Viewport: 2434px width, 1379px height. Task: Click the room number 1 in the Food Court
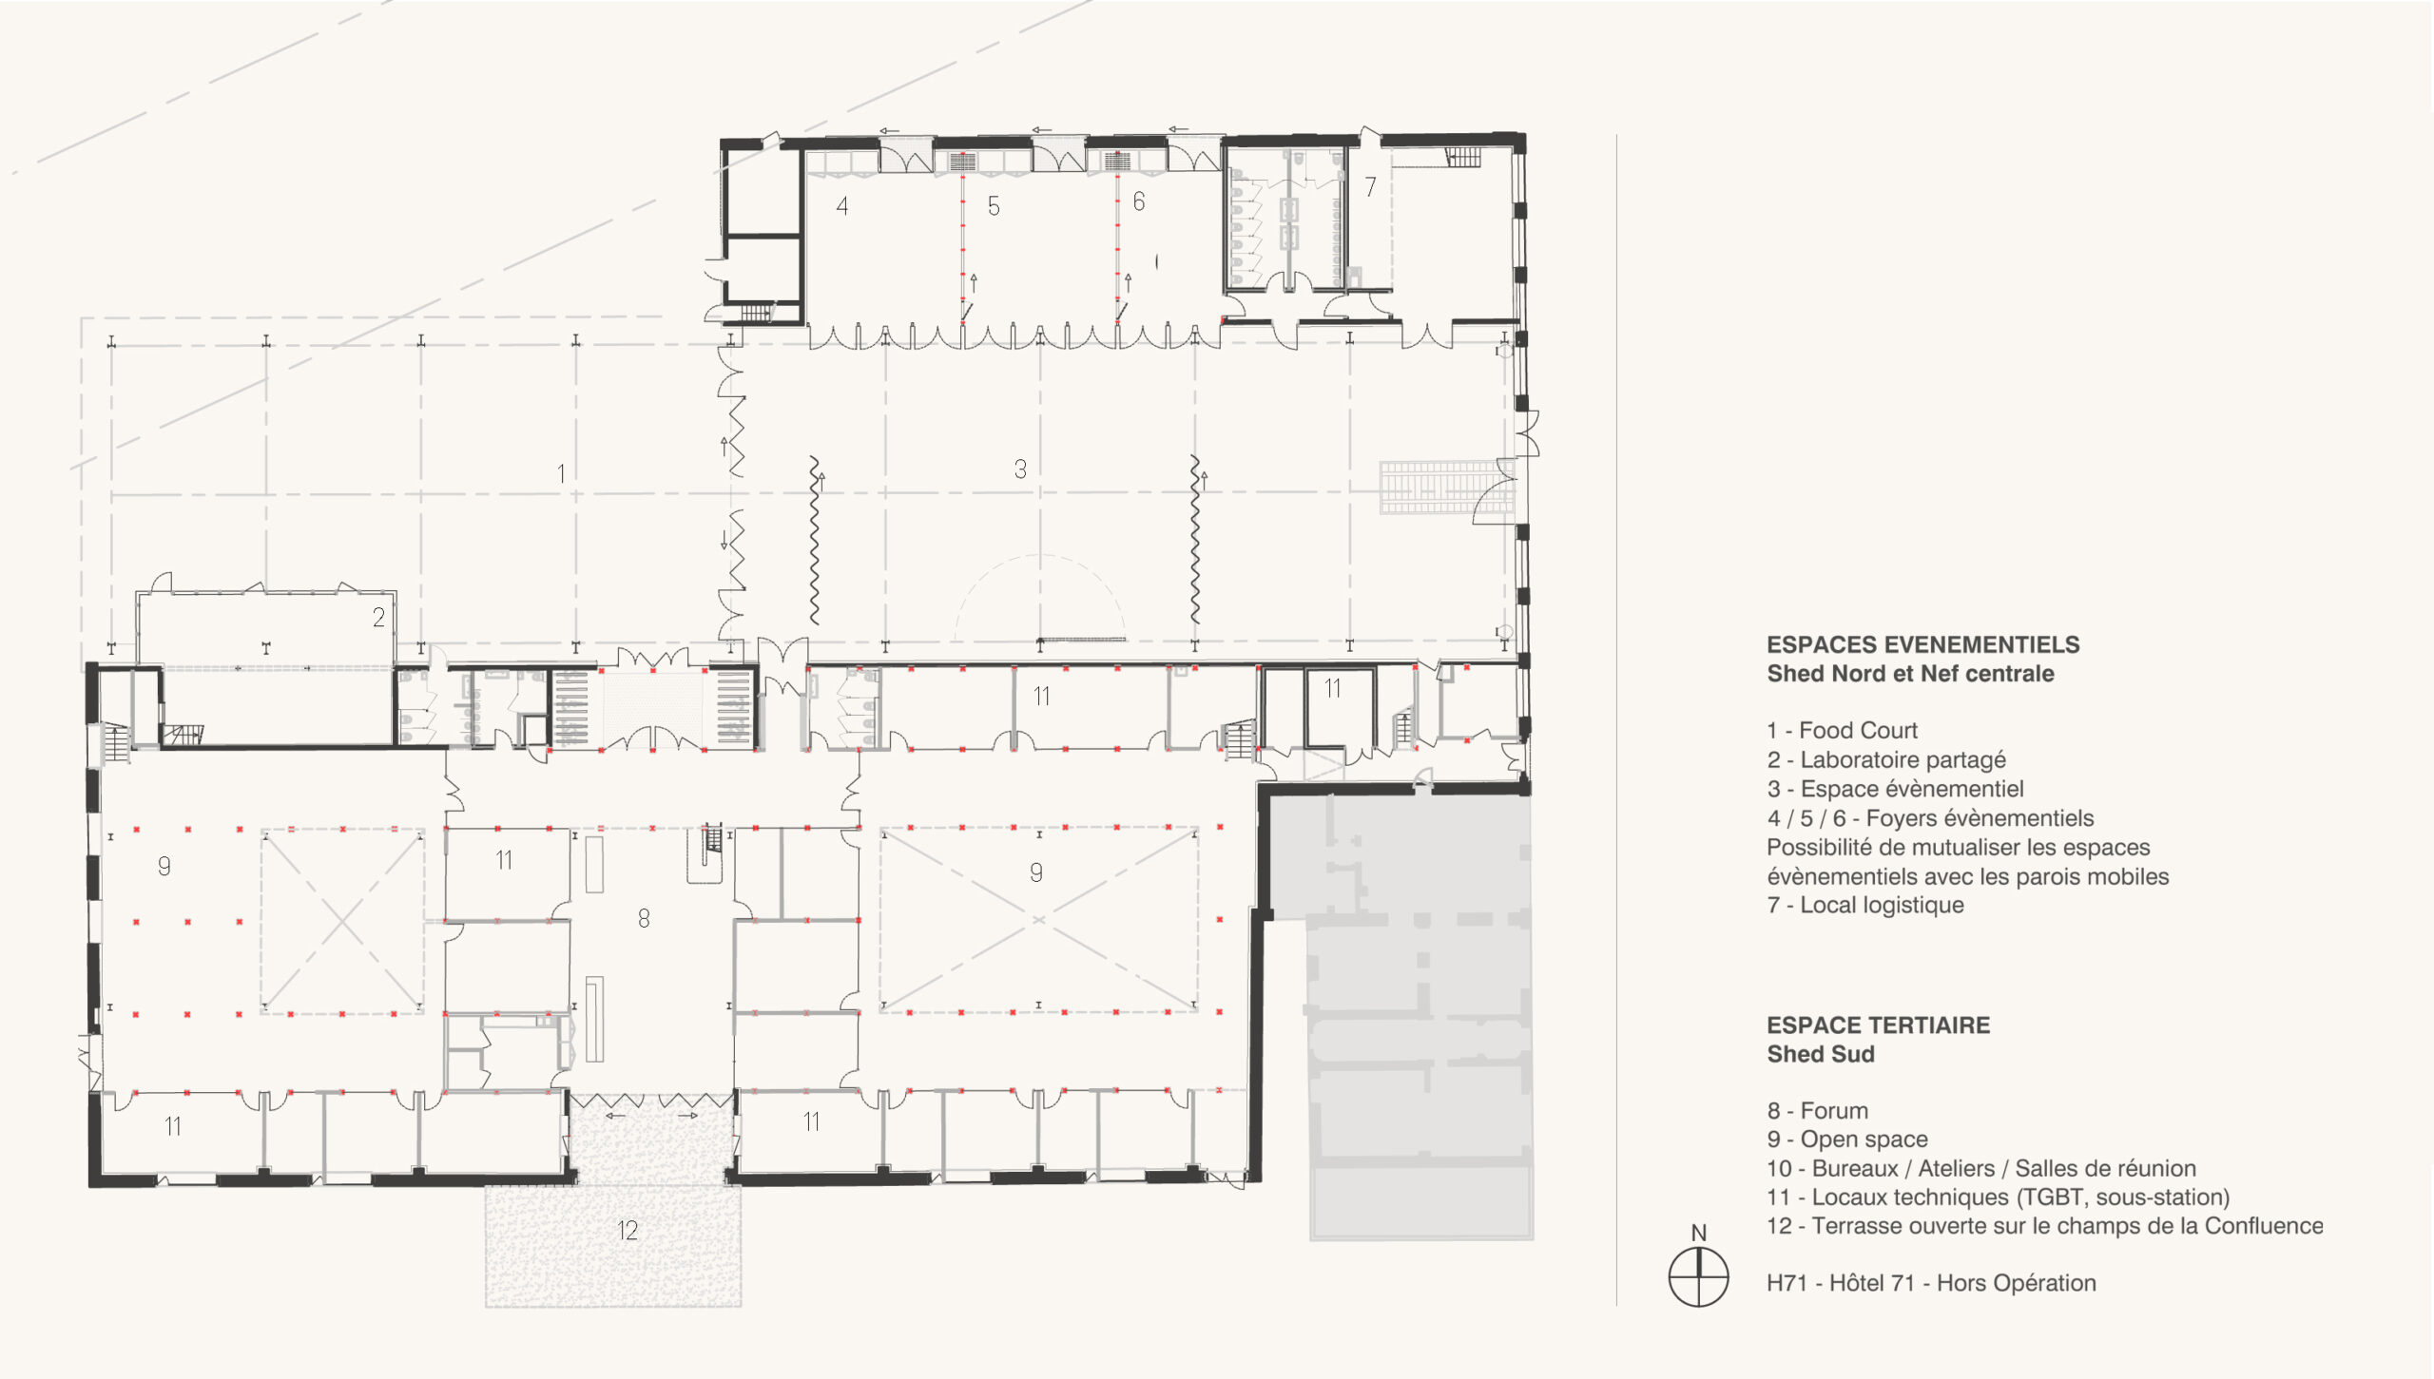pos(561,473)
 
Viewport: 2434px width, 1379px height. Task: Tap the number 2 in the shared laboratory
pos(378,618)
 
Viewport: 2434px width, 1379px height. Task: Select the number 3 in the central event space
pos(1020,469)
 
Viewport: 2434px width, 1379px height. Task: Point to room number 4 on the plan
pos(842,206)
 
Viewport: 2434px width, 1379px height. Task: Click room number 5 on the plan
pos(994,206)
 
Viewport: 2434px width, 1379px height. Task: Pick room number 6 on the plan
pos(1139,201)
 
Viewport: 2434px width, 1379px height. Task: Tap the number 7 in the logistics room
pos(1370,187)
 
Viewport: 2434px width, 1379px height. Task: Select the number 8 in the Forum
pos(644,918)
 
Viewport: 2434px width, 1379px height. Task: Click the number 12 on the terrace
pos(628,1231)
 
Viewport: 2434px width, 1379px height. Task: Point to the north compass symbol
pos(1698,1277)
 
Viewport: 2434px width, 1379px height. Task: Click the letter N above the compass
pos(1699,1233)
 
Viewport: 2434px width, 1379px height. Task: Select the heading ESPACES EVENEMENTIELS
pos(1923,644)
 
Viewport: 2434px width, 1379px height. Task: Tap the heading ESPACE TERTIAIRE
pos(1879,1025)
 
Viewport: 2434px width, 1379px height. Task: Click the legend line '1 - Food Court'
pos(1843,730)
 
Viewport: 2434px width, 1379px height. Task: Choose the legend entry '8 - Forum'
pos(1818,1110)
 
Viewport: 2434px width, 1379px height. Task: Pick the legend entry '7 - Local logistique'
pos(1865,905)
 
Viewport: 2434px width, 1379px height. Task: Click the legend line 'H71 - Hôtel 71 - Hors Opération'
pos(1931,1283)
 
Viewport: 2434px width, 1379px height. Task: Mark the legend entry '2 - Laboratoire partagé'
pos(1886,760)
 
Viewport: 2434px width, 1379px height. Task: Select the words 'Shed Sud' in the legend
pos(1821,1054)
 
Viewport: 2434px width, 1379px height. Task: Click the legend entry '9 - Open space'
pos(1847,1140)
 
